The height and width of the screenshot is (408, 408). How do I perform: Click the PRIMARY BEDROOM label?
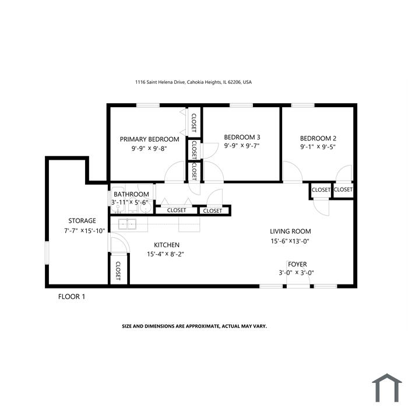click(x=149, y=139)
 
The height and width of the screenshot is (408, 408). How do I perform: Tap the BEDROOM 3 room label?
click(x=242, y=137)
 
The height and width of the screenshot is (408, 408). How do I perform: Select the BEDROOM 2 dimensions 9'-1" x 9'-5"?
click(x=318, y=147)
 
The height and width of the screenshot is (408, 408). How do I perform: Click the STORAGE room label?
click(x=82, y=221)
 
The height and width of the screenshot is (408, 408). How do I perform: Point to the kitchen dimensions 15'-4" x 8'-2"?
click(x=166, y=254)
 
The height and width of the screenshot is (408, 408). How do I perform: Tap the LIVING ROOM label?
click(x=290, y=231)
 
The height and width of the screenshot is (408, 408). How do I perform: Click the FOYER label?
click(x=297, y=264)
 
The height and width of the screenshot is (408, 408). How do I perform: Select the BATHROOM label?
click(x=131, y=194)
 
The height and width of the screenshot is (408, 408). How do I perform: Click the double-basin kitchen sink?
click(x=127, y=224)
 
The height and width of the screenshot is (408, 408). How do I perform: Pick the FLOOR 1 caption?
click(x=72, y=297)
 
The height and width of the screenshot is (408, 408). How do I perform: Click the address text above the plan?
click(x=194, y=82)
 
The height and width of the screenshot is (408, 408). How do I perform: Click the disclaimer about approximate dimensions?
click(x=194, y=326)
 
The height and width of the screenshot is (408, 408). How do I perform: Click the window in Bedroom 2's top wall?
click(x=303, y=105)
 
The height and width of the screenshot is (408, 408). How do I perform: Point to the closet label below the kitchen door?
click(x=118, y=271)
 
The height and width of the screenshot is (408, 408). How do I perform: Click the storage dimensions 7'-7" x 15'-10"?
click(x=85, y=231)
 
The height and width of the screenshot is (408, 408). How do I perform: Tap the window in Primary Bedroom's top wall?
click(x=148, y=105)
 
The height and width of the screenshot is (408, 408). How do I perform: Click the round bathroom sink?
click(x=145, y=207)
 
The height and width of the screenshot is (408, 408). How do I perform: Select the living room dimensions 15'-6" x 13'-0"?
click(x=290, y=241)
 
